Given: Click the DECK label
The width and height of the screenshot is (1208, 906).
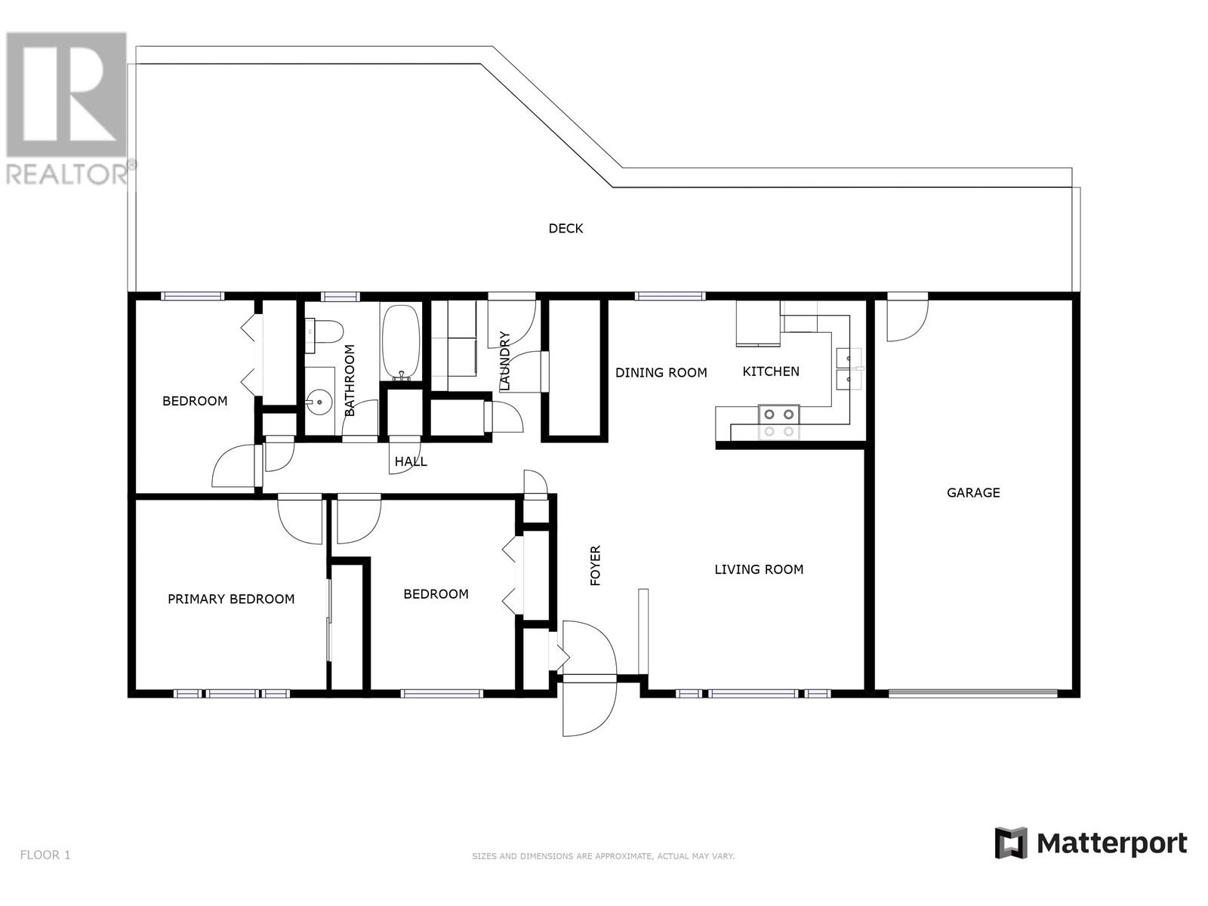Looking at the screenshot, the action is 565,228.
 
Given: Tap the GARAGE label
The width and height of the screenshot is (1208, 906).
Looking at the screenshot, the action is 973,492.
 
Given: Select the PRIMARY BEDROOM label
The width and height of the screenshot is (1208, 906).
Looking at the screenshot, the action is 230,599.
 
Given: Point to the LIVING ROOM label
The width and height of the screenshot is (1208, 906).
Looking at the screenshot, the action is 758,569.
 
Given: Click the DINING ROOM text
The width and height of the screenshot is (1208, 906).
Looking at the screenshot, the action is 661,372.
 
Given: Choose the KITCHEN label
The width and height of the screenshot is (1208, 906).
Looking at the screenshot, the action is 771,371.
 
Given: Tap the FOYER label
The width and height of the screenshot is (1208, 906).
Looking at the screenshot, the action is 595,565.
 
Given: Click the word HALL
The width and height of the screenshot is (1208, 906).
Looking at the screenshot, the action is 411,461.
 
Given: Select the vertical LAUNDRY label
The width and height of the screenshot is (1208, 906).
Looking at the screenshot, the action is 504,361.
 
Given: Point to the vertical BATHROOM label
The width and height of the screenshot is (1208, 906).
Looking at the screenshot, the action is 349,380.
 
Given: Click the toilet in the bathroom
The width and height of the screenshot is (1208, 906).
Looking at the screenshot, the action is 324,332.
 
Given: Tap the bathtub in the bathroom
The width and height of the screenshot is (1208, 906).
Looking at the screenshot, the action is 401,342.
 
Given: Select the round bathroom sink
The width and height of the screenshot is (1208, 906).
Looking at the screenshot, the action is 319,402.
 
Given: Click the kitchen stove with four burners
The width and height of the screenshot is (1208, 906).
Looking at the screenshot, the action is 778,423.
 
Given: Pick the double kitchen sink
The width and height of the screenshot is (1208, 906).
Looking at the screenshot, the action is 849,368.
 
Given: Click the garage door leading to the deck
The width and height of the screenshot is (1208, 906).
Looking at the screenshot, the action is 907,317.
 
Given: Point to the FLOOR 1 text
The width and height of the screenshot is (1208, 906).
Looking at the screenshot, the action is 45,855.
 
